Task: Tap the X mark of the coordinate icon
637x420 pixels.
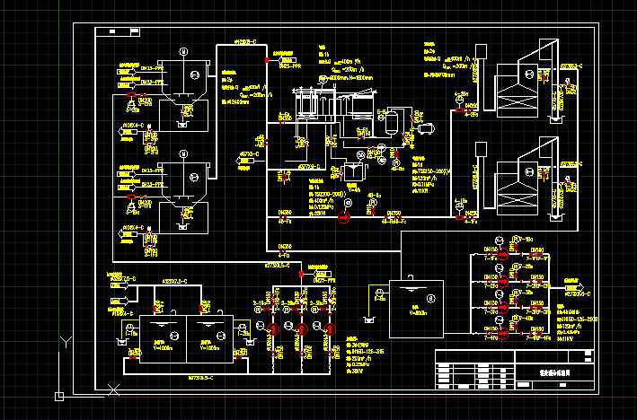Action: click(113, 389)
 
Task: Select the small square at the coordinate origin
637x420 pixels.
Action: click(59, 395)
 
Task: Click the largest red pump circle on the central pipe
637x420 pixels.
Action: click(342, 221)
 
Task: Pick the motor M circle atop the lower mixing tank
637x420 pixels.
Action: click(182, 153)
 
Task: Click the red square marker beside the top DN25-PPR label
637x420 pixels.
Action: click(267, 59)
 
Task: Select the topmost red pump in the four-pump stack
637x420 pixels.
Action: click(502, 257)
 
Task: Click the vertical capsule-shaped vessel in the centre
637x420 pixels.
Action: click(380, 120)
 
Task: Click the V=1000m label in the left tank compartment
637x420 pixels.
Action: click(163, 346)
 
